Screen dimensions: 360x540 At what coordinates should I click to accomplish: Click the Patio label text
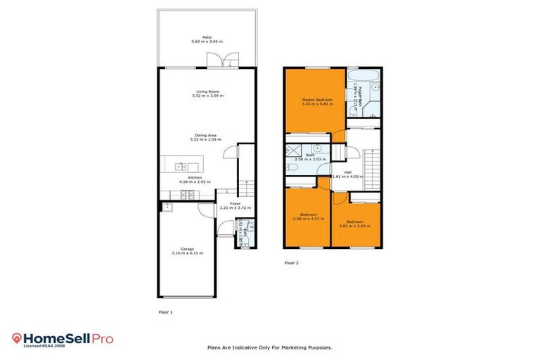point(207,37)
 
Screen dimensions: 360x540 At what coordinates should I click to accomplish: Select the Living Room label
point(207,91)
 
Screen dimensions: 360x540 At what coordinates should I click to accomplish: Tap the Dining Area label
point(207,135)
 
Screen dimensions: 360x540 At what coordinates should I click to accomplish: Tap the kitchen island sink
point(181,167)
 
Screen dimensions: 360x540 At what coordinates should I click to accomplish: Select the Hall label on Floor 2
point(348,171)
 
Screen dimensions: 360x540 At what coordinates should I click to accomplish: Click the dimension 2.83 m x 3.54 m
point(354,226)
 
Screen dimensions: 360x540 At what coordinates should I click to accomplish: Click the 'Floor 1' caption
point(165,311)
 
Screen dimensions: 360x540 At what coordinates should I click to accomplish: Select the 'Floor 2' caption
point(292,263)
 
